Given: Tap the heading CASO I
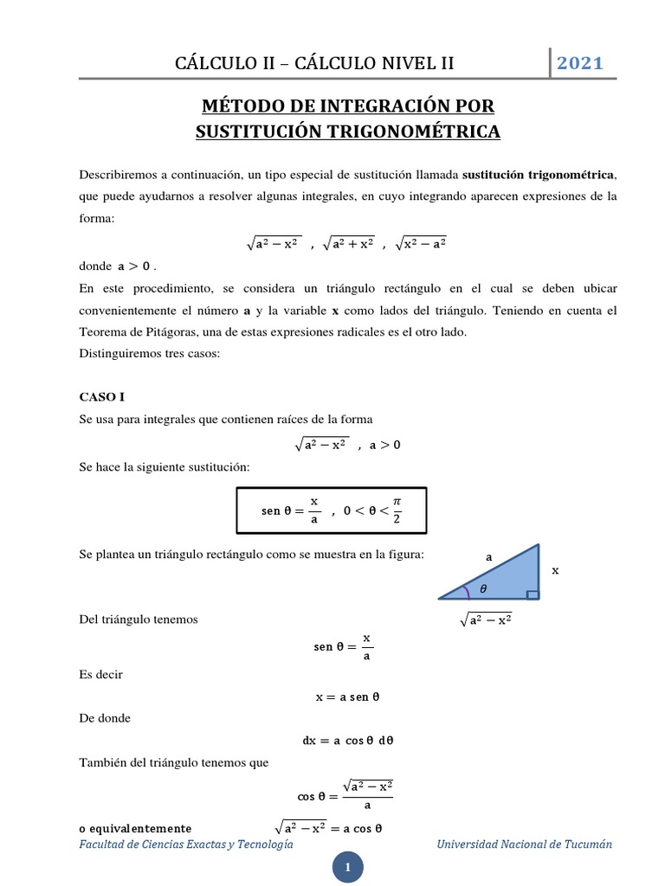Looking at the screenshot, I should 102,397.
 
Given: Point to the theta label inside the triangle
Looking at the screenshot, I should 483,588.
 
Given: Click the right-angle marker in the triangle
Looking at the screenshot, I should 533,594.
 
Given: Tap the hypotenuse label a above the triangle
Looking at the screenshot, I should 488,558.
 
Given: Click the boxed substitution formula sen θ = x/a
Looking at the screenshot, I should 332,511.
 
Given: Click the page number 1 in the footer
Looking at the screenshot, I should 347,867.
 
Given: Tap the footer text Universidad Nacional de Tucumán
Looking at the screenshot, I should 525,844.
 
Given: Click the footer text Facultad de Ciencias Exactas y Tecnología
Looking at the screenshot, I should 186,844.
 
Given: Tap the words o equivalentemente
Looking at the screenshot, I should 135,827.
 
